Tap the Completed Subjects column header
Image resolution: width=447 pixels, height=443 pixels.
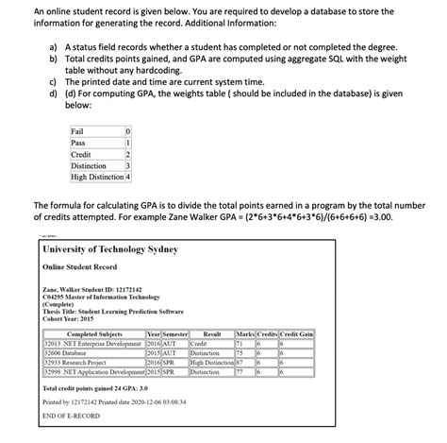click(x=94, y=333)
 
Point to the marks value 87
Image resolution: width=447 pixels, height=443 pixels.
click(x=241, y=362)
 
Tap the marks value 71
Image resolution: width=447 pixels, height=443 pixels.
click(x=241, y=344)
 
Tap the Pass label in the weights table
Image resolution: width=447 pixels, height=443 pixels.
click(x=78, y=143)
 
